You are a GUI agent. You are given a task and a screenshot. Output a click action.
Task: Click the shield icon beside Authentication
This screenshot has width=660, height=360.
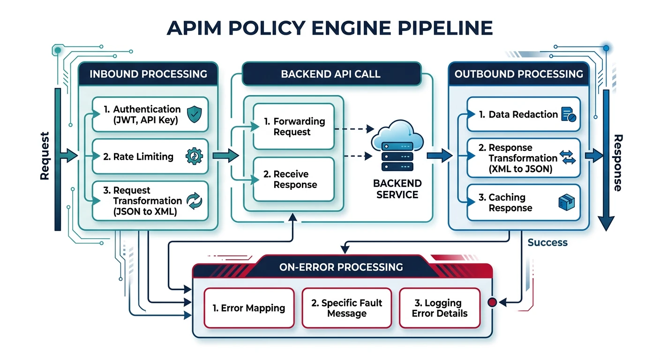click(194, 114)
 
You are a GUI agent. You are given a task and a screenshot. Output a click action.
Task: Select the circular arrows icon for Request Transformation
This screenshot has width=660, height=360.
click(194, 201)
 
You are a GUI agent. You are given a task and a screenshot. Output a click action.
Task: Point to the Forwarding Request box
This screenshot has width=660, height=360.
click(293, 127)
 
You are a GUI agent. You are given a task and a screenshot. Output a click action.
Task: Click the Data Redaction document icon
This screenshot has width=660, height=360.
click(568, 114)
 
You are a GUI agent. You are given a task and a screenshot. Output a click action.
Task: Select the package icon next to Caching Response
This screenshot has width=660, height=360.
click(567, 202)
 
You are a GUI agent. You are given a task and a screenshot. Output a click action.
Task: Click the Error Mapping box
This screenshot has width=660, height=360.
click(248, 308)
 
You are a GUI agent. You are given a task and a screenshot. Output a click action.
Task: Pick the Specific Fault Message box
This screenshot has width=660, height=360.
click(347, 308)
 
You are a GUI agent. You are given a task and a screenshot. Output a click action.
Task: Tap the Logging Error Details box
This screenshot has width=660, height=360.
click(440, 308)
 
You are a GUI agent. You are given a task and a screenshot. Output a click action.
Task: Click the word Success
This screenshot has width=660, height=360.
click(547, 242)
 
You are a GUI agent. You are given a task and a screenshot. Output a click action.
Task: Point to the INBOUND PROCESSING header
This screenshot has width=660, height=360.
click(148, 74)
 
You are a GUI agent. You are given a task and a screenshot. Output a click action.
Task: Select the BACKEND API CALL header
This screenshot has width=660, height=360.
click(330, 74)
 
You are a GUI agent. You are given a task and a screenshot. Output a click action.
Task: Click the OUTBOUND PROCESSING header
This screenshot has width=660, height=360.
click(519, 74)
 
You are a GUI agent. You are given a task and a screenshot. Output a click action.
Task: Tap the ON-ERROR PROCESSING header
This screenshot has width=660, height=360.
click(341, 267)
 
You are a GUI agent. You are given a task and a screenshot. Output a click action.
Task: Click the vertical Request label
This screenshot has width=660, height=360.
click(45, 156)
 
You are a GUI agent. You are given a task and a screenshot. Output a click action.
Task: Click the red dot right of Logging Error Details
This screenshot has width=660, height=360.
click(492, 302)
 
